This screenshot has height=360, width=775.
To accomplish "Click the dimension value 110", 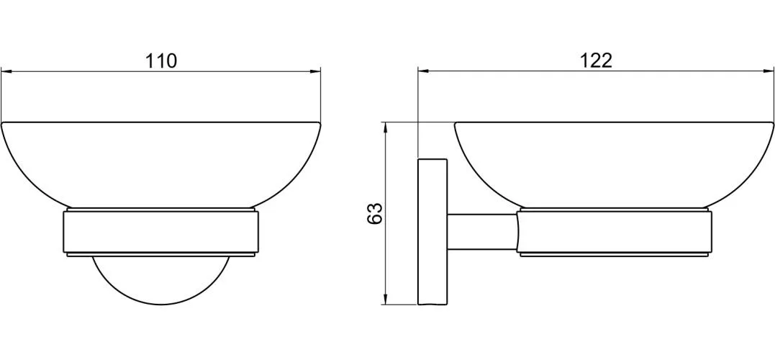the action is [x=160, y=61].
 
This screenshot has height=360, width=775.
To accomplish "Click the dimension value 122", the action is [x=596, y=60].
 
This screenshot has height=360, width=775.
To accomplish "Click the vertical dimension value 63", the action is [x=375, y=213].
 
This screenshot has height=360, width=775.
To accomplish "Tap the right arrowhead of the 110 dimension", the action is [x=315, y=72].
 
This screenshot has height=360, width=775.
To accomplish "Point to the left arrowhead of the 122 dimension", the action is [x=424, y=71].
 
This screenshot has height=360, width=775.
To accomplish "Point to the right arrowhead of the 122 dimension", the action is [x=769, y=71].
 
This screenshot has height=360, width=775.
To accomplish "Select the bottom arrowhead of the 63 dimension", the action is [x=386, y=299].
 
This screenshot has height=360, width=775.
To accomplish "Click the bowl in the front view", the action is [x=160, y=165].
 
